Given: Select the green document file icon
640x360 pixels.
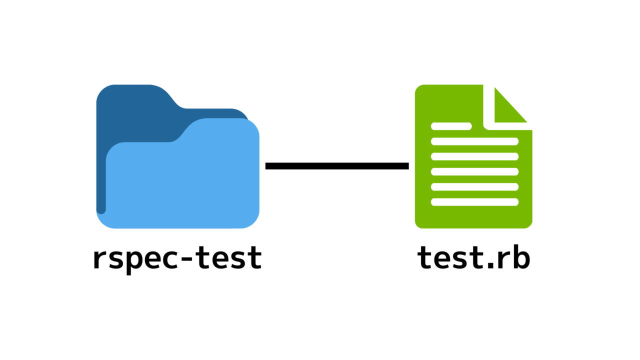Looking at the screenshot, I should [x=473, y=165].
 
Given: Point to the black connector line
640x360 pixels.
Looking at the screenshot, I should [x=337, y=166].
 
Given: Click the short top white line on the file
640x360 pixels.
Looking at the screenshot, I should [x=451, y=126].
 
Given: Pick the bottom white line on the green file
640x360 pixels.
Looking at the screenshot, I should [x=474, y=202].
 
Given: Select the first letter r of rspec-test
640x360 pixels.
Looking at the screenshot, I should [x=101, y=259].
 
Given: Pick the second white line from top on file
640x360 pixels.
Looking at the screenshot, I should [x=474, y=141].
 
